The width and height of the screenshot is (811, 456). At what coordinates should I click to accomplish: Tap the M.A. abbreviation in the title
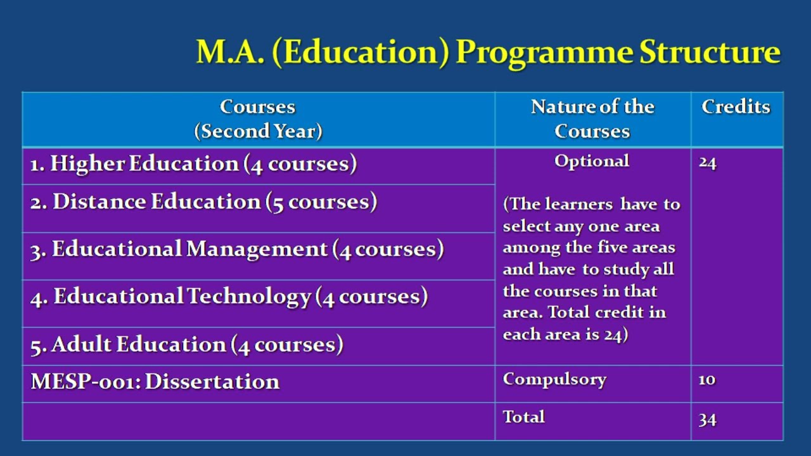230,52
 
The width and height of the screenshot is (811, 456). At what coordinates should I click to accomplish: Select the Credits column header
736,106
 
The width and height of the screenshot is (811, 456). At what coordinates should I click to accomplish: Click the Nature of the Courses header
592,118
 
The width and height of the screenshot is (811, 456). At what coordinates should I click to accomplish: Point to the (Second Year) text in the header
258,131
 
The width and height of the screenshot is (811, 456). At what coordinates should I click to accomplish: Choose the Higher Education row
193,163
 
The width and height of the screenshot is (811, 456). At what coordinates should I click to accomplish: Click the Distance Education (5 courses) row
203,202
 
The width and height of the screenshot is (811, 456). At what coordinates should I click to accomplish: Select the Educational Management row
236,250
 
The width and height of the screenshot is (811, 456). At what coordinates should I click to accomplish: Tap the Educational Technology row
229,296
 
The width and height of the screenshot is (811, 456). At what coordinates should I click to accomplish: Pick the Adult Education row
187,345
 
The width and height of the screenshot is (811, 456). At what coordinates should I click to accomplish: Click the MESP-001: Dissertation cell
155,381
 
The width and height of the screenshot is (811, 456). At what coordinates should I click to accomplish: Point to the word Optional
592,161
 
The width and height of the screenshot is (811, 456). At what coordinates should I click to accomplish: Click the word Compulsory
554,379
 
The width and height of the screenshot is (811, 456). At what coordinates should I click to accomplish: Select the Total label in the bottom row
523,416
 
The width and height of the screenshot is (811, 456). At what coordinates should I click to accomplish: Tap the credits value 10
707,379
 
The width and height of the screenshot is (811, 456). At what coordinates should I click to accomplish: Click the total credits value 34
707,419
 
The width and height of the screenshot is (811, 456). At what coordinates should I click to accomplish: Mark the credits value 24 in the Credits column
707,163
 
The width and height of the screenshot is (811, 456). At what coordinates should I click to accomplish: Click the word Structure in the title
709,52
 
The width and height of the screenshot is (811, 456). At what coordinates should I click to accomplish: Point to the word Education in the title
360,52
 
